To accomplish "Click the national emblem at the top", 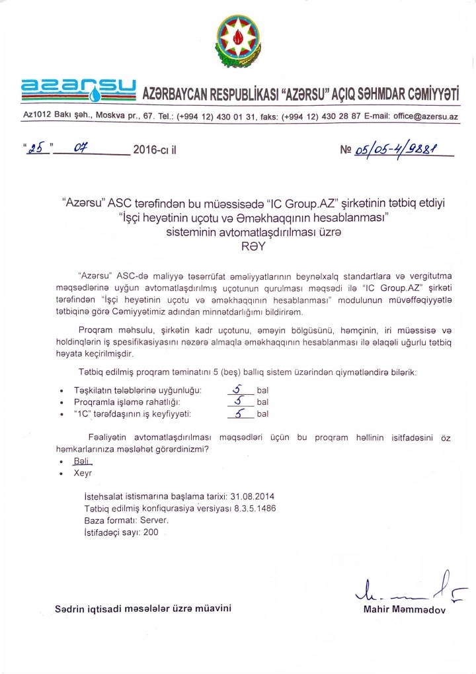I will pyautogui.click(x=237, y=40).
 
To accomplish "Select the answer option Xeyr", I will pyautogui.click(x=83, y=474).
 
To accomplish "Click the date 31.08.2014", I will pyautogui.click(x=257, y=496).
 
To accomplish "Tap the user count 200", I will pyautogui.click(x=151, y=532).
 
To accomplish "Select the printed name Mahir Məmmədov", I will pyautogui.click(x=405, y=609).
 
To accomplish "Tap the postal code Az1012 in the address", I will pyautogui.click(x=38, y=116).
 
